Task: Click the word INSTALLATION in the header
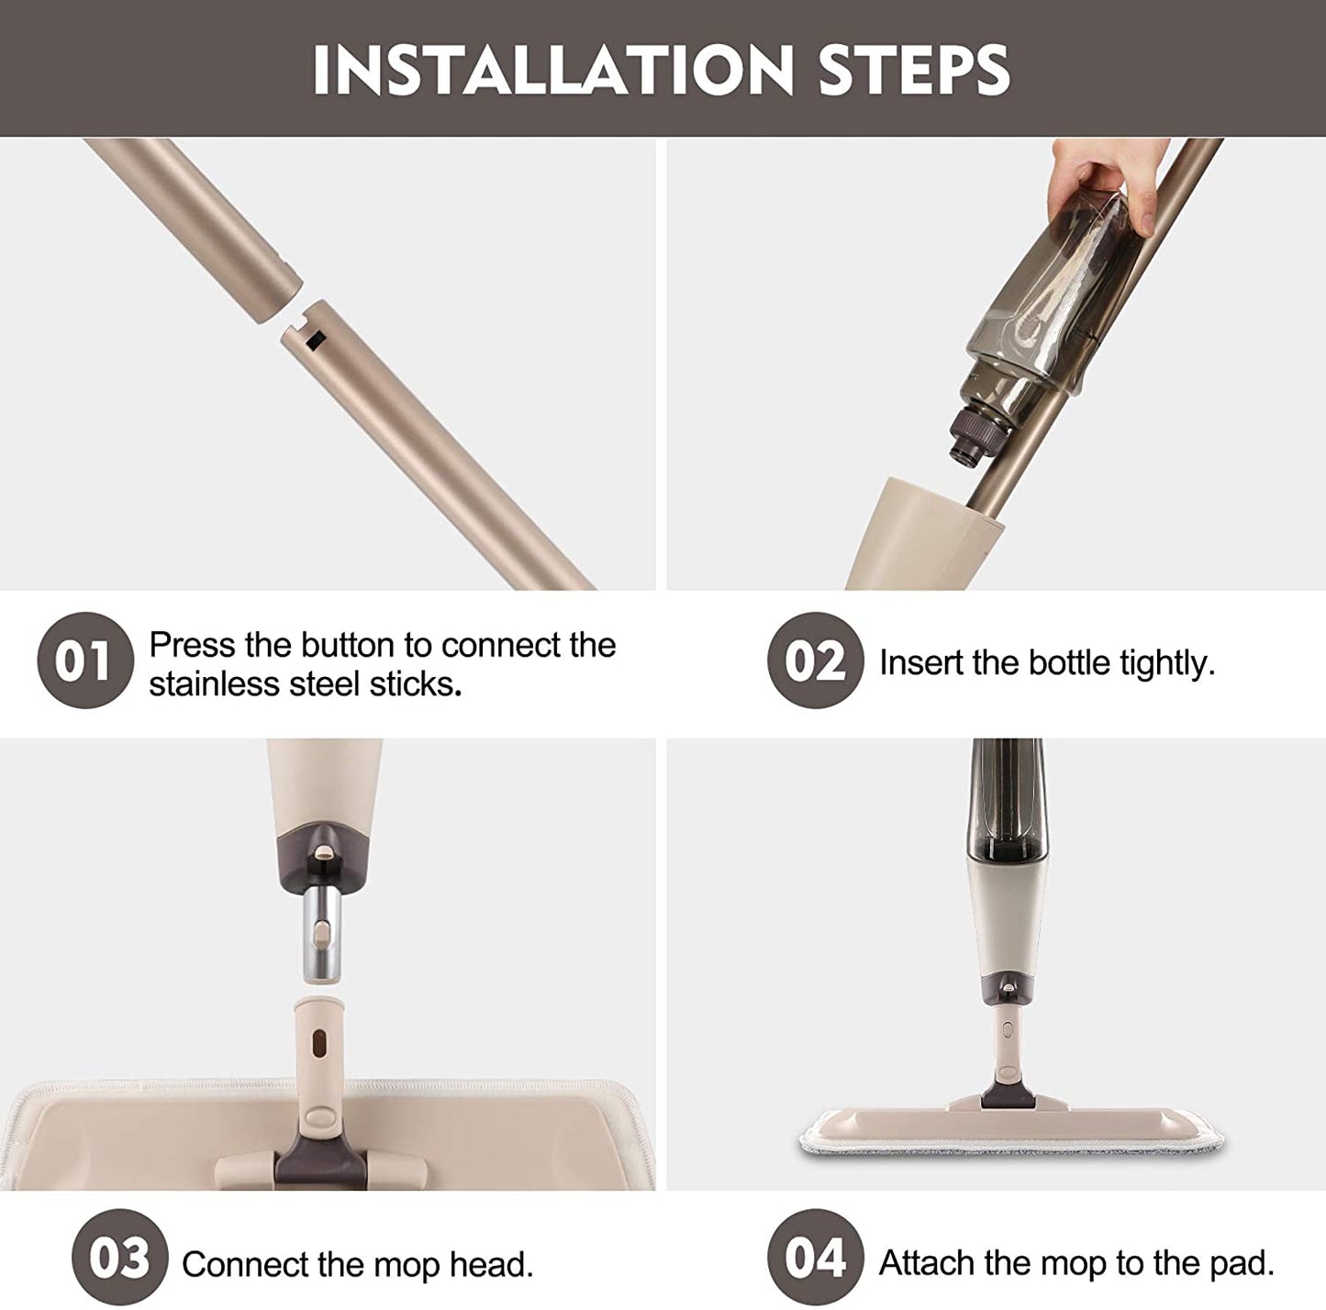[x=552, y=70]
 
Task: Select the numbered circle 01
[x=84, y=661]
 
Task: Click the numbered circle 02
[x=815, y=661]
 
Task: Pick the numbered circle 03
[x=119, y=1258]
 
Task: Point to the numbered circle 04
[x=815, y=1258]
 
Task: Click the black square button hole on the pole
[x=316, y=339]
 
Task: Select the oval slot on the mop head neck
[x=318, y=1044]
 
